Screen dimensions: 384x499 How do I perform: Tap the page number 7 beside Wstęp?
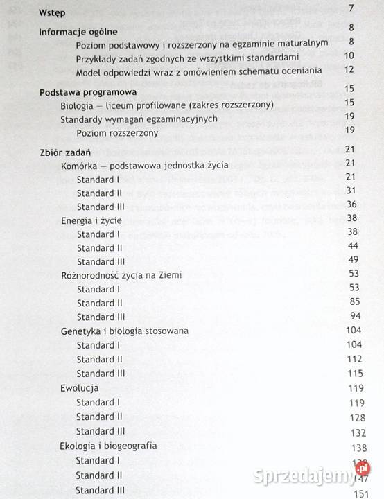click(x=352, y=9)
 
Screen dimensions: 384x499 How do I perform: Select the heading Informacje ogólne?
click(x=78, y=31)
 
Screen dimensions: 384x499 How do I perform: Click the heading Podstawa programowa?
click(x=87, y=91)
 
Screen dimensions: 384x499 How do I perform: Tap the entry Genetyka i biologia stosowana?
click(x=124, y=331)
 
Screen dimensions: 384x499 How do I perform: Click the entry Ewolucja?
click(x=80, y=387)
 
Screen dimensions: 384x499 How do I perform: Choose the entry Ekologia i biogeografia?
click(x=108, y=446)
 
